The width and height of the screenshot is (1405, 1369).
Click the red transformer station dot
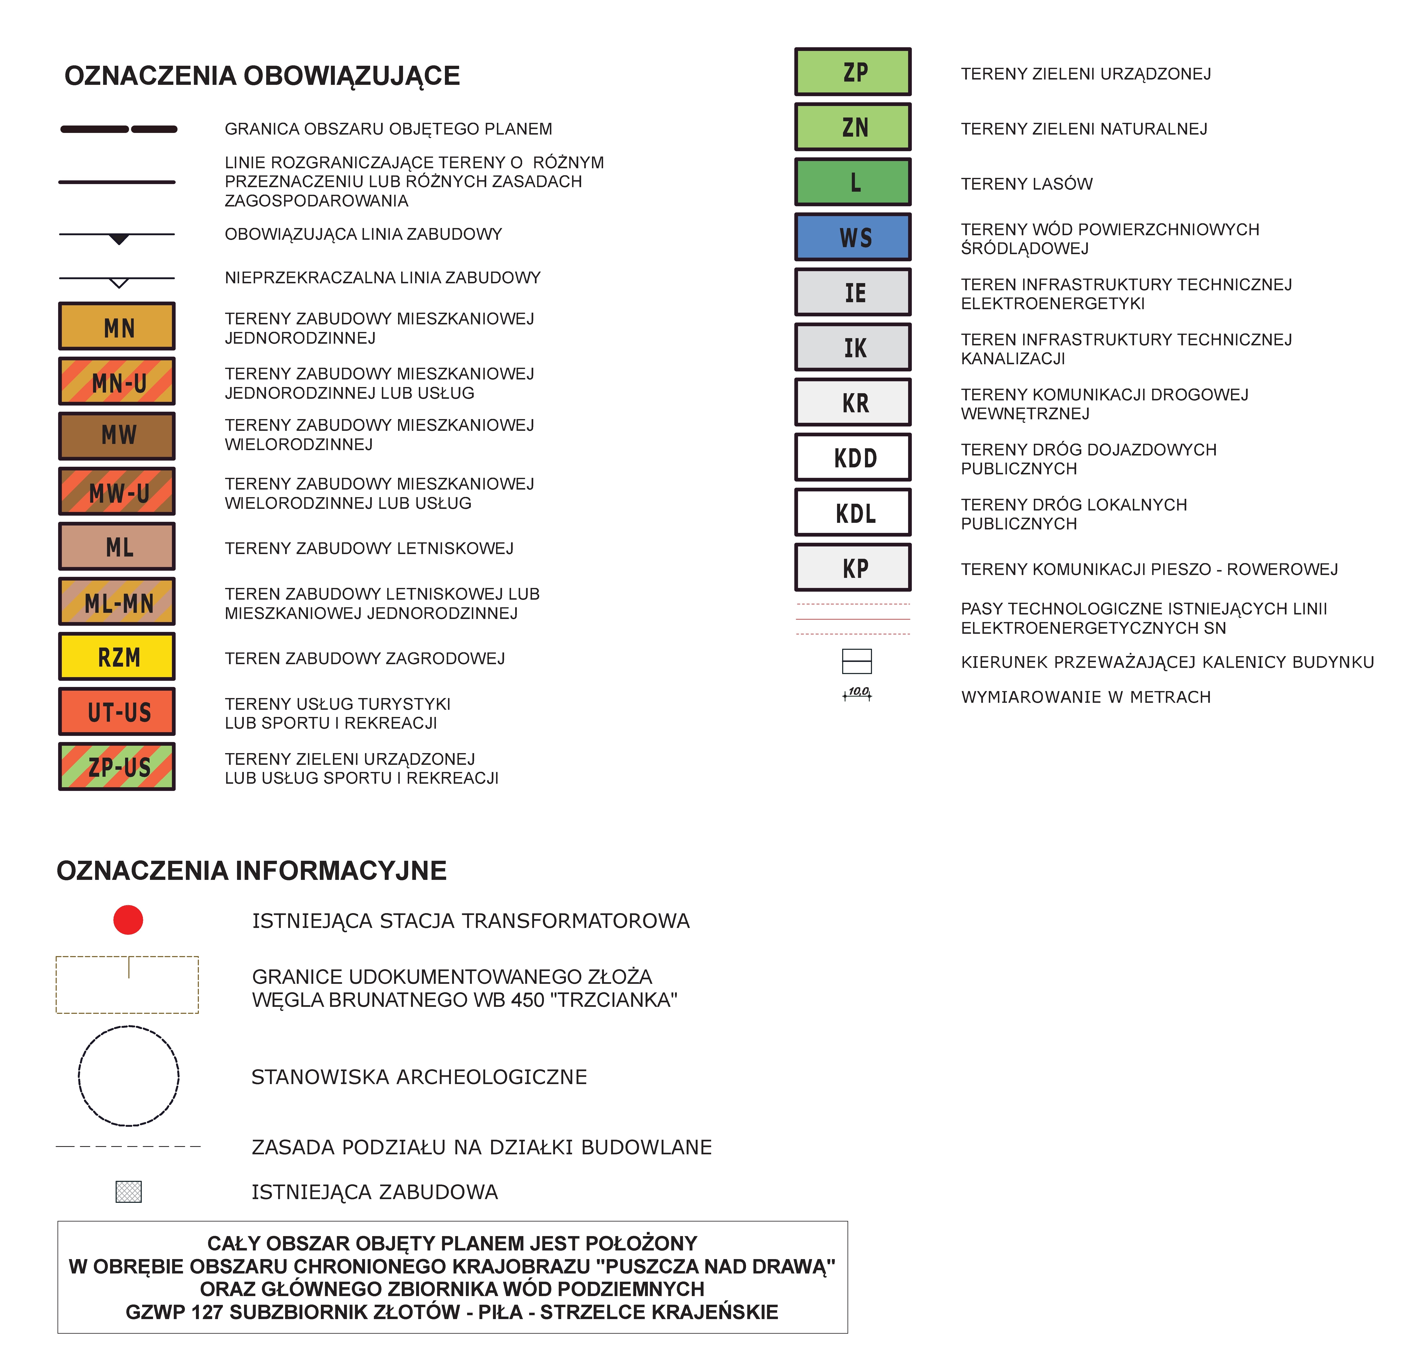tap(128, 920)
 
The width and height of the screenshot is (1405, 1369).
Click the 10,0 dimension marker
tap(857, 693)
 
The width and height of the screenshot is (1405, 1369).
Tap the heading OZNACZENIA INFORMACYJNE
tap(252, 871)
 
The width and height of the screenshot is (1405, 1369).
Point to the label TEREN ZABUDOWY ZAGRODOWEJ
tap(365, 659)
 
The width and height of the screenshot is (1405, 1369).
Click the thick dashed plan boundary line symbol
tap(119, 129)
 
